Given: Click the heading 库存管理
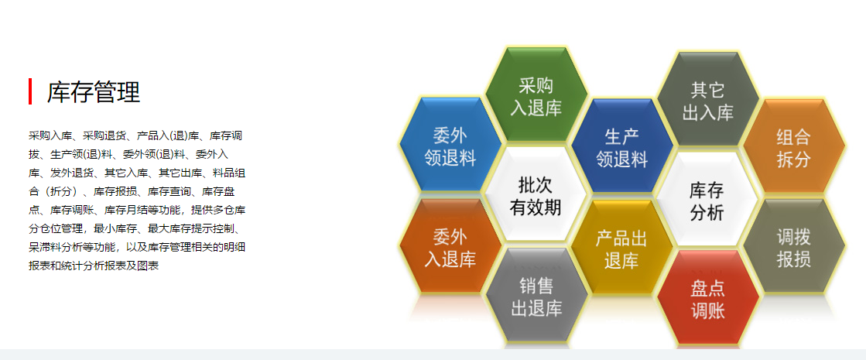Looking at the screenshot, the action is pyautogui.click(x=94, y=91).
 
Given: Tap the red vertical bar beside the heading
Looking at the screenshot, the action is pyautogui.click(x=30, y=91).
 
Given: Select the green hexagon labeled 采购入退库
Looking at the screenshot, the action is pyautogui.click(x=536, y=96).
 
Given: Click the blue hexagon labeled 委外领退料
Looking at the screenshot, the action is pyautogui.click(x=450, y=146).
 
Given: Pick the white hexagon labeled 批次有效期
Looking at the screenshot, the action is pyautogui.click(x=536, y=195).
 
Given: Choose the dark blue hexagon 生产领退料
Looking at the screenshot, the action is pyautogui.click(x=622, y=146).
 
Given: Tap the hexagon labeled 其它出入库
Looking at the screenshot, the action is pyautogui.click(x=708, y=99).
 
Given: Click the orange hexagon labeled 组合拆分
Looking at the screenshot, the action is pyautogui.click(x=794, y=147).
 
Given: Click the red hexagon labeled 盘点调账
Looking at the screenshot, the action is pyautogui.click(x=708, y=298).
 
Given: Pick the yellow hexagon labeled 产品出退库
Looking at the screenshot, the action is pyautogui.click(x=622, y=248).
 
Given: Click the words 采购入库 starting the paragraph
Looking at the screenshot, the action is pyautogui.click(x=50, y=135).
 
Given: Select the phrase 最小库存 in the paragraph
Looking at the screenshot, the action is pyautogui.click(x=115, y=228).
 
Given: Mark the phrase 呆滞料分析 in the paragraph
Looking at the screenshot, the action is pyautogui.click(x=56, y=247).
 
